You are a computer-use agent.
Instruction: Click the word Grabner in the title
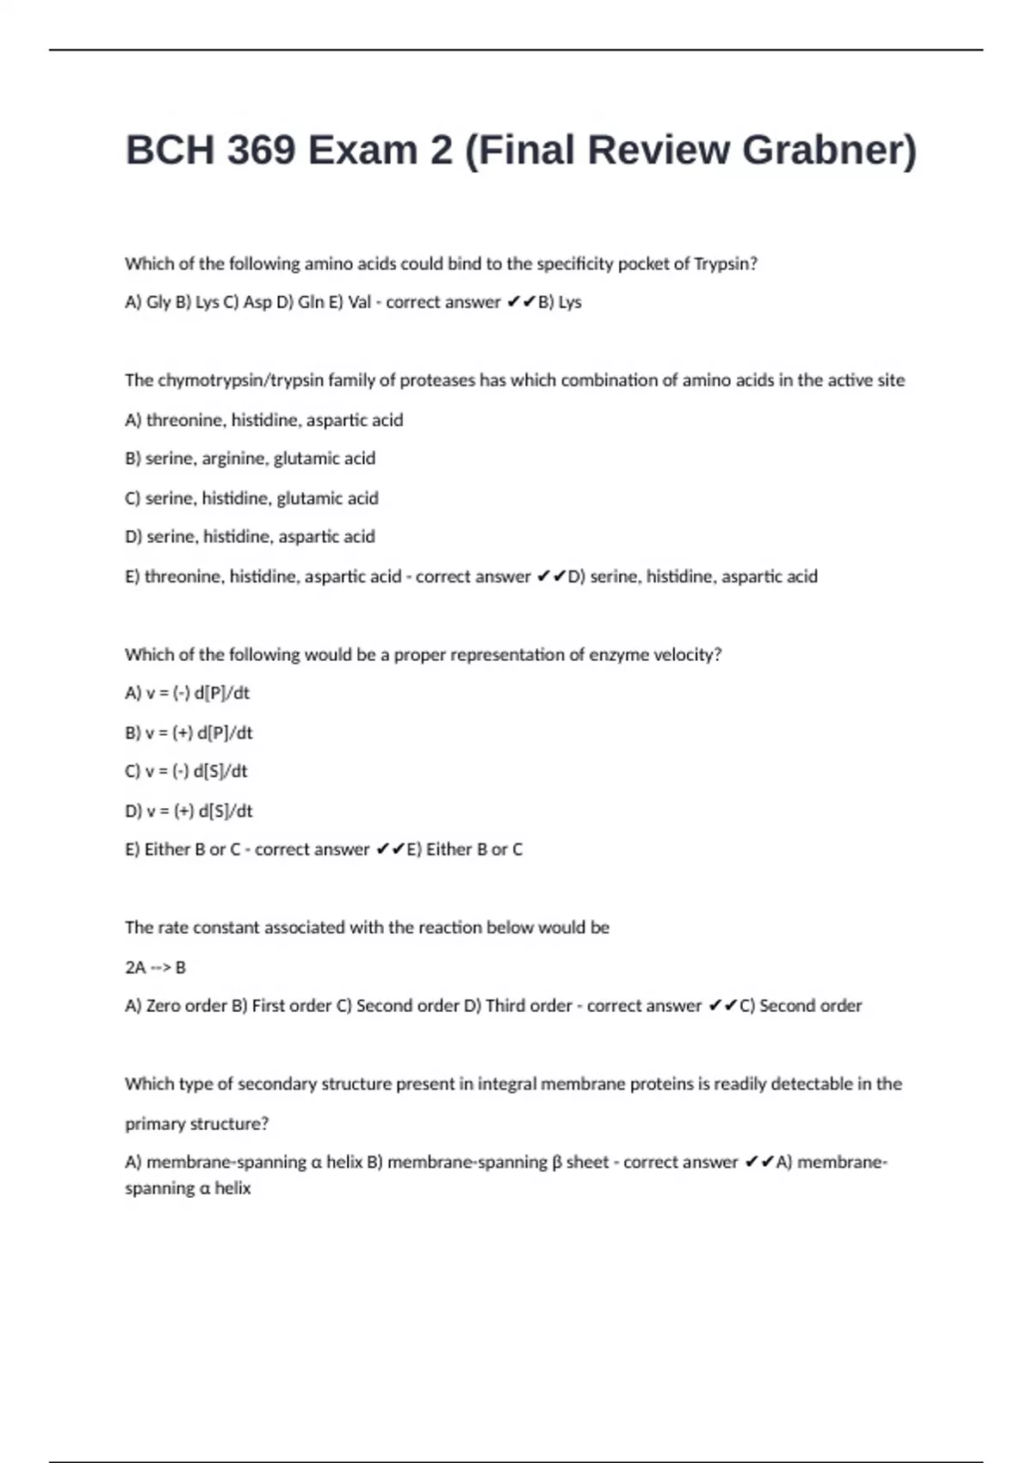tap(829, 151)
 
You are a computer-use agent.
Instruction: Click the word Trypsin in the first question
tap(725, 264)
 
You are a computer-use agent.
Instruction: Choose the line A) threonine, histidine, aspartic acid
tap(263, 420)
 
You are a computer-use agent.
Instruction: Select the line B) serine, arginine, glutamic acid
tap(250, 459)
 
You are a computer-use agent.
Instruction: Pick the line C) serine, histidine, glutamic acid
tap(251, 498)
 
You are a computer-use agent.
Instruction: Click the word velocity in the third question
tap(687, 655)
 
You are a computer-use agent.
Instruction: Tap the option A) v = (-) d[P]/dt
tap(187, 693)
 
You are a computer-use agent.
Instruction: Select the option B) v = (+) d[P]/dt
tap(189, 733)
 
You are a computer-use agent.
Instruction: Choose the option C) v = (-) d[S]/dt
tap(186, 771)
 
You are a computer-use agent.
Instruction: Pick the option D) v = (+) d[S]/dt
tap(189, 811)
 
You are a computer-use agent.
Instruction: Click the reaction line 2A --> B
tap(155, 967)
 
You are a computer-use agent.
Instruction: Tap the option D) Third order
tap(517, 1006)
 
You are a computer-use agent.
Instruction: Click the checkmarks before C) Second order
tap(723, 1005)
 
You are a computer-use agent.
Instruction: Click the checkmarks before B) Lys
tap(522, 302)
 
